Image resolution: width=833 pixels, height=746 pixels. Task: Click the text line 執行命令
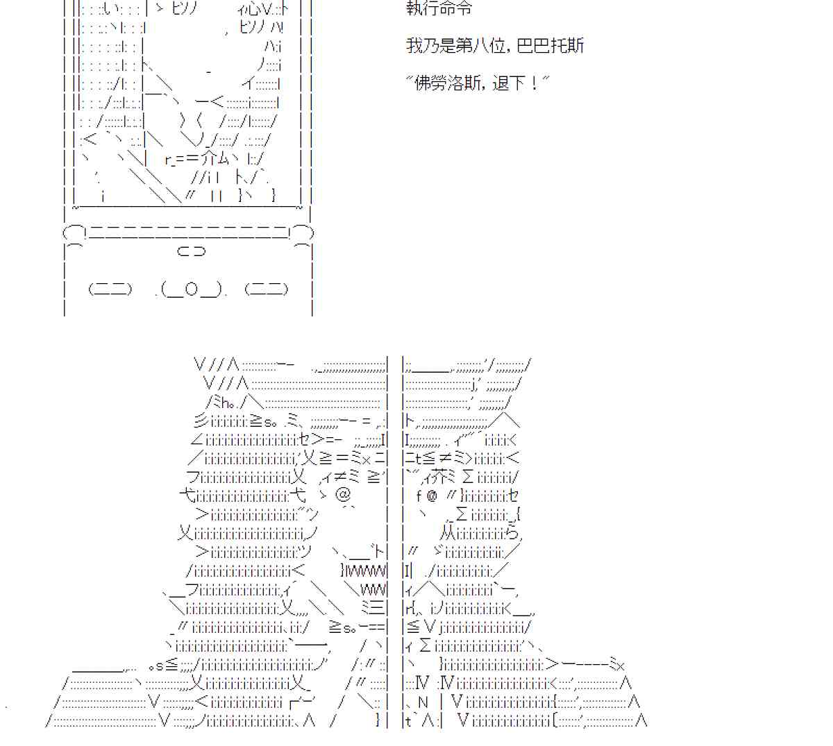(x=439, y=9)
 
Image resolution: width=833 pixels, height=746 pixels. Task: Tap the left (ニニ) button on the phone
(x=110, y=289)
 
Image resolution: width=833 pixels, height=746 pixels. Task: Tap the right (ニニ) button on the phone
(x=267, y=289)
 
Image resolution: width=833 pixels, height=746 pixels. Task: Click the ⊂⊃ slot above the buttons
(x=192, y=251)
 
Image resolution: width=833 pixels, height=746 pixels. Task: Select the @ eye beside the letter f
(x=432, y=495)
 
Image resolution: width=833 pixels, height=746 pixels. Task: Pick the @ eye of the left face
(x=343, y=495)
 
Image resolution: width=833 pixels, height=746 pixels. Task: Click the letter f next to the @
(x=419, y=495)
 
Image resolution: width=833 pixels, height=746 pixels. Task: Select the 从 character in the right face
(x=448, y=533)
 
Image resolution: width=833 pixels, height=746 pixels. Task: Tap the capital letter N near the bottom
(x=423, y=702)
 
